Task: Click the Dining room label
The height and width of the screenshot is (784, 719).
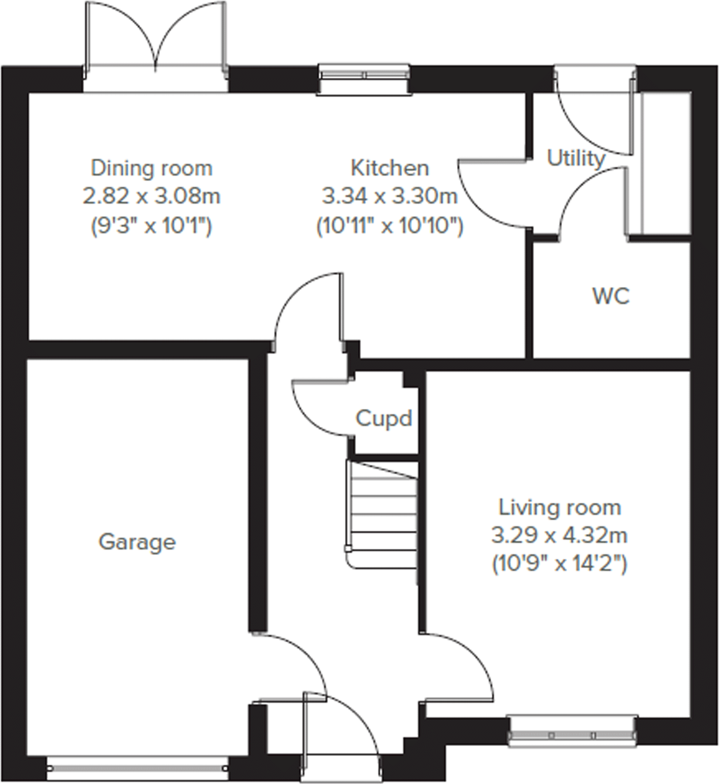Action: [x=151, y=168]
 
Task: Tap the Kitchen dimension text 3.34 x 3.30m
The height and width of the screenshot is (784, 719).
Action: [x=390, y=196]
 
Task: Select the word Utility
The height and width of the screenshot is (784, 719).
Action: [x=576, y=158]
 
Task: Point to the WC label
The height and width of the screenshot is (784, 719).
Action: [x=611, y=296]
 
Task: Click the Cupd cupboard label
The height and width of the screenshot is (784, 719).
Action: [x=383, y=419]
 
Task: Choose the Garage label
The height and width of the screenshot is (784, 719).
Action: [x=137, y=542]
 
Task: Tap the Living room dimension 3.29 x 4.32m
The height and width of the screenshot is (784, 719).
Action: [x=559, y=536]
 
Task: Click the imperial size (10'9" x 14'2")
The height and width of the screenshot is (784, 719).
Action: [x=559, y=564]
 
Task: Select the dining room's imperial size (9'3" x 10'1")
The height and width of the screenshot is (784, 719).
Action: [x=151, y=225]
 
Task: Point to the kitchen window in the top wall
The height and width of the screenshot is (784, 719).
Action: [x=364, y=75]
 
